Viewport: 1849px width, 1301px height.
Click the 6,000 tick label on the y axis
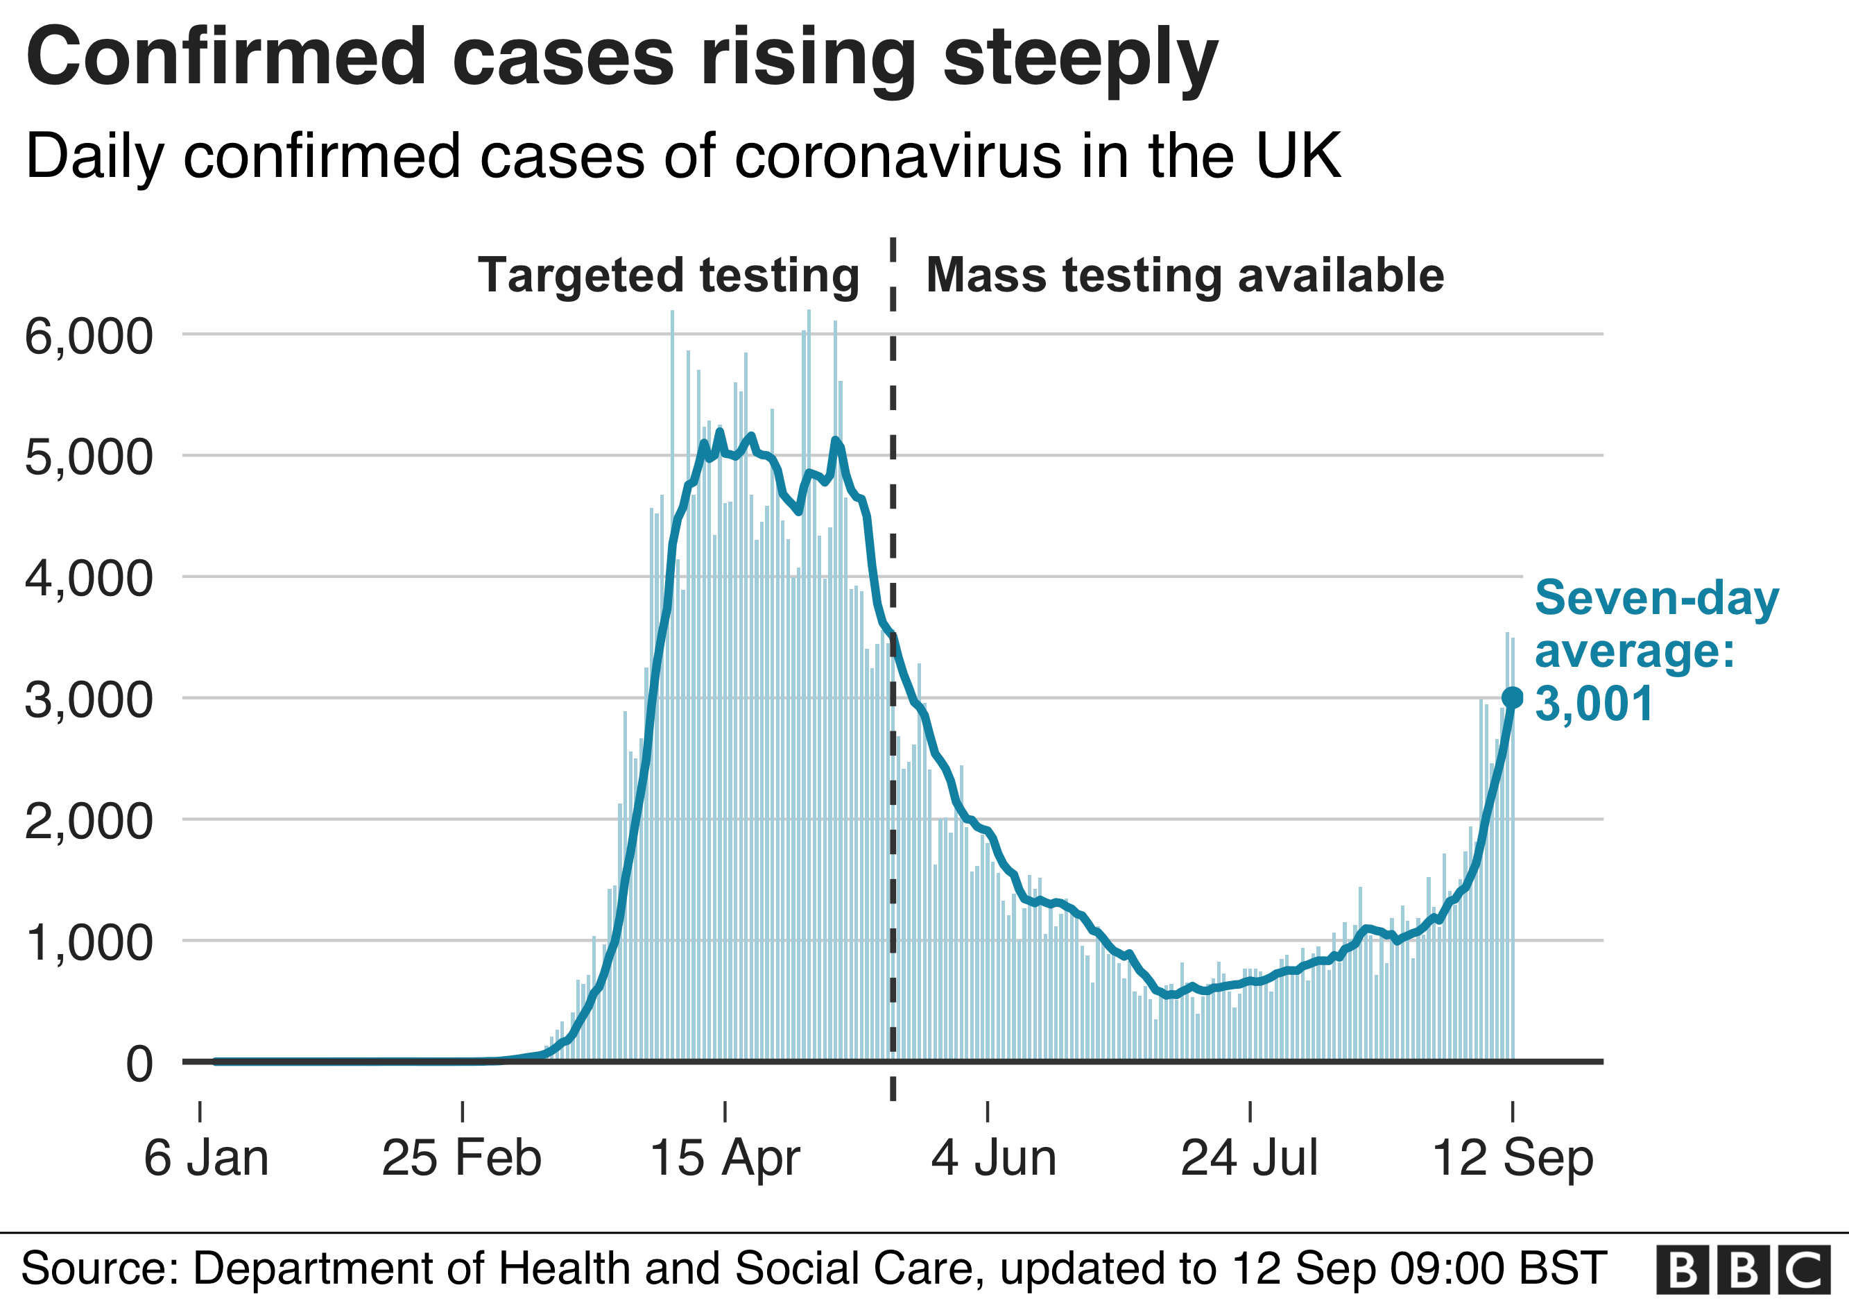[x=89, y=336]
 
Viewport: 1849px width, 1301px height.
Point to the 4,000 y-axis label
[x=89, y=579]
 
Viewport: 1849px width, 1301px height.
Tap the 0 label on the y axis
[x=139, y=1064]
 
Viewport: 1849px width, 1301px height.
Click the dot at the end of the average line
[x=1513, y=697]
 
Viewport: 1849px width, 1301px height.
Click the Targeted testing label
[x=669, y=275]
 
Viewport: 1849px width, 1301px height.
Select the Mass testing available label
[x=1185, y=275]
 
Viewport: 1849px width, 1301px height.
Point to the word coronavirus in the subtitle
[x=899, y=155]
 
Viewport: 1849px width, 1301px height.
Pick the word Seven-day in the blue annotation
[x=1656, y=599]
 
